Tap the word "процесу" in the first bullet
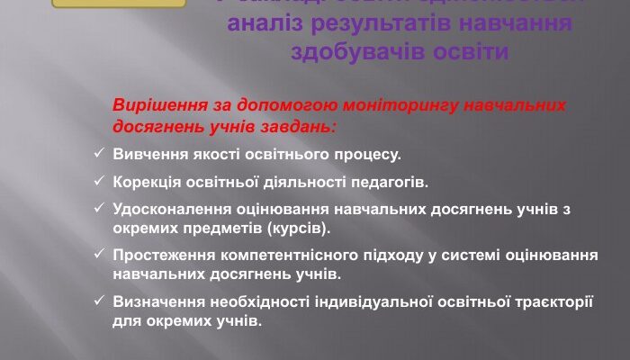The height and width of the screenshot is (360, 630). pyautogui.click(x=370, y=155)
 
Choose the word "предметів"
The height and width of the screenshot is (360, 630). pyautogui.click(x=215, y=228)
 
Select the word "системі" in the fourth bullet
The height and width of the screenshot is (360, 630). pyautogui.click(x=468, y=256)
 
